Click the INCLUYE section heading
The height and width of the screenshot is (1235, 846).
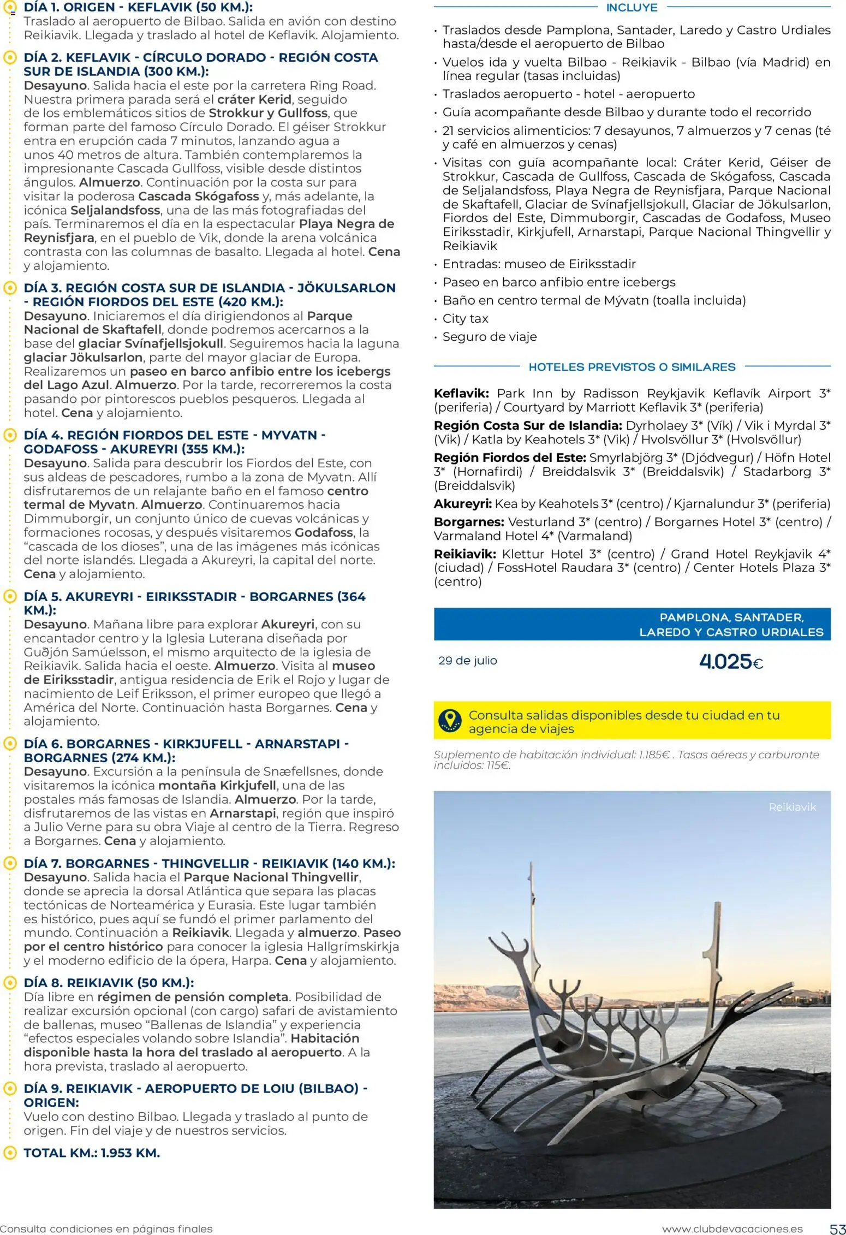point(631,8)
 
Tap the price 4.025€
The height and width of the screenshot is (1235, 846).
point(731,662)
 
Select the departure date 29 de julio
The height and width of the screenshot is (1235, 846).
point(468,661)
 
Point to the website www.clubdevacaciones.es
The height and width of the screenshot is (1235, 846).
point(732,1229)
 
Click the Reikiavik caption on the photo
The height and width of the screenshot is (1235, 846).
point(792,807)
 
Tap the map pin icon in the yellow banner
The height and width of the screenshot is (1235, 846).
point(450,721)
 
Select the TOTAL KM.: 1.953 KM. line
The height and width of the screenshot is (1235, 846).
point(92,1153)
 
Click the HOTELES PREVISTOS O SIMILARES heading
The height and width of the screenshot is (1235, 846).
point(631,367)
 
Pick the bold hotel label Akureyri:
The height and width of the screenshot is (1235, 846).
point(462,503)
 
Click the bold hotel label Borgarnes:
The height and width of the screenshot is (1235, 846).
point(469,522)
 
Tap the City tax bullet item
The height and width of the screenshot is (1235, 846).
point(465,318)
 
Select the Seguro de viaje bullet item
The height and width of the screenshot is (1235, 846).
point(490,337)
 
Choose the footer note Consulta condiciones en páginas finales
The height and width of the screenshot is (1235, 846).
point(106,1229)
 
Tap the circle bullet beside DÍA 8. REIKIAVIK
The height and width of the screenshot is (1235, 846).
point(10,983)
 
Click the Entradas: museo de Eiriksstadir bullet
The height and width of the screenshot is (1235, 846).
point(539,264)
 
